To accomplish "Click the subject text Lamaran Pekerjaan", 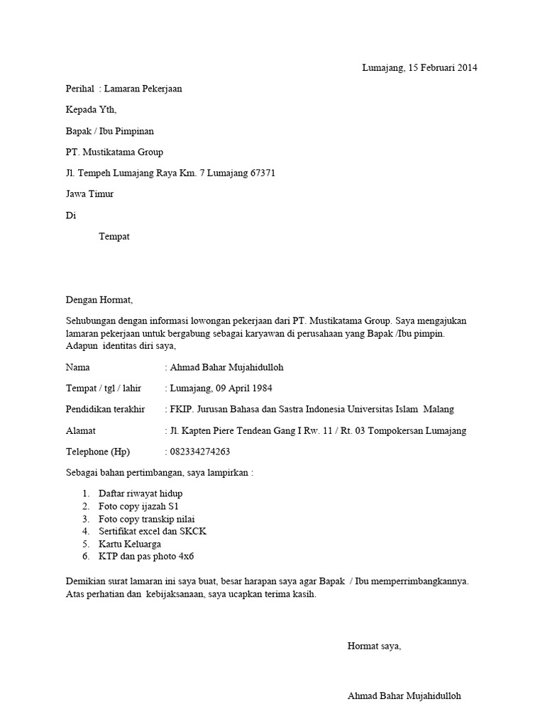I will [x=146, y=89].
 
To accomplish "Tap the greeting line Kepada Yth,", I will [x=91, y=110].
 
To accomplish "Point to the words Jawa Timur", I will [x=89, y=194].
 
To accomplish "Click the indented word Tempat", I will [x=114, y=236].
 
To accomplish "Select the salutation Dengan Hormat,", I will [x=99, y=300].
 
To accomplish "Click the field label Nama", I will [x=78, y=367].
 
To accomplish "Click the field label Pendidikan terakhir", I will [x=105, y=409].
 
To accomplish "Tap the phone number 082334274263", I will [x=200, y=452].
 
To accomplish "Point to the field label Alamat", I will [x=81, y=430].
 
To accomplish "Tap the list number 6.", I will [x=85, y=557].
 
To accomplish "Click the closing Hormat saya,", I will [x=374, y=646].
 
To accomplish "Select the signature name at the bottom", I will [x=404, y=696].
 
